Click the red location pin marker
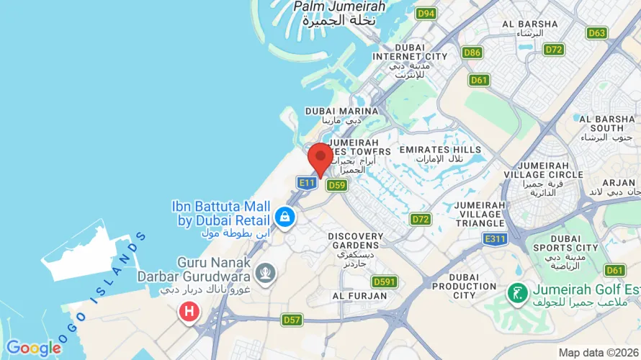point(320,158)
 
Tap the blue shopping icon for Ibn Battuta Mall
point(285,217)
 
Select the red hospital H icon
point(189,312)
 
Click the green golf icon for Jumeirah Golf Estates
point(516,292)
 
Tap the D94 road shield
point(426,14)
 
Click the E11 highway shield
point(307,184)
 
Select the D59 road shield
point(337,186)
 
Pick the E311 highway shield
point(496,239)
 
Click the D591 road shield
point(384,282)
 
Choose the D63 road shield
point(597,33)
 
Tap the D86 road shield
point(472,53)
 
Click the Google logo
point(33,348)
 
